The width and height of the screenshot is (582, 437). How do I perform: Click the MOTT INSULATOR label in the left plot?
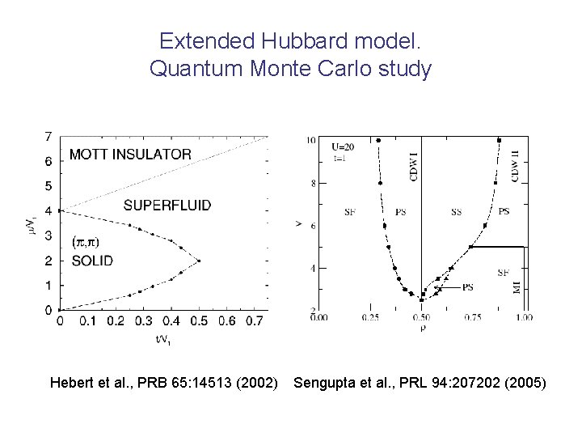pyautogui.click(x=130, y=154)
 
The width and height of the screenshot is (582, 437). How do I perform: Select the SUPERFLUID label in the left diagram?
pyautogui.click(x=167, y=206)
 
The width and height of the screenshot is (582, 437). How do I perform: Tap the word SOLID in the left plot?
pyautogui.click(x=92, y=261)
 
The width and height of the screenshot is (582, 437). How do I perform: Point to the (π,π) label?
pyautogui.click(x=86, y=242)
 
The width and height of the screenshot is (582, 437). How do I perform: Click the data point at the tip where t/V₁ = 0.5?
pyautogui.click(x=198, y=261)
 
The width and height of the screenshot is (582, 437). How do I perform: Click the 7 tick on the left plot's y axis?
pyautogui.click(x=48, y=136)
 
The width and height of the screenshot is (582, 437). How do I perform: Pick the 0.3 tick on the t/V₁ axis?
pyautogui.click(x=143, y=322)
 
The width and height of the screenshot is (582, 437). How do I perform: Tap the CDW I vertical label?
pyautogui.click(x=415, y=166)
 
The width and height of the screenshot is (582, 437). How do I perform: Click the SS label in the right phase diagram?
pyautogui.click(x=456, y=212)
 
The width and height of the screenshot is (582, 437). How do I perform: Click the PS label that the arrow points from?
pyautogui.click(x=468, y=287)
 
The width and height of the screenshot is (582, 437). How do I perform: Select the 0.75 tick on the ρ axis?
pyautogui.click(x=472, y=317)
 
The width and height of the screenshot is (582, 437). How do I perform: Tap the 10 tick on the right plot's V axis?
pyautogui.click(x=311, y=141)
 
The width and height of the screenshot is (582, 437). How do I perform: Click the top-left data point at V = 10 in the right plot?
pyautogui.click(x=377, y=140)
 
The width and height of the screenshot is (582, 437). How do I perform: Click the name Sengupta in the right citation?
pyautogui.click(x=324, y=382)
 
